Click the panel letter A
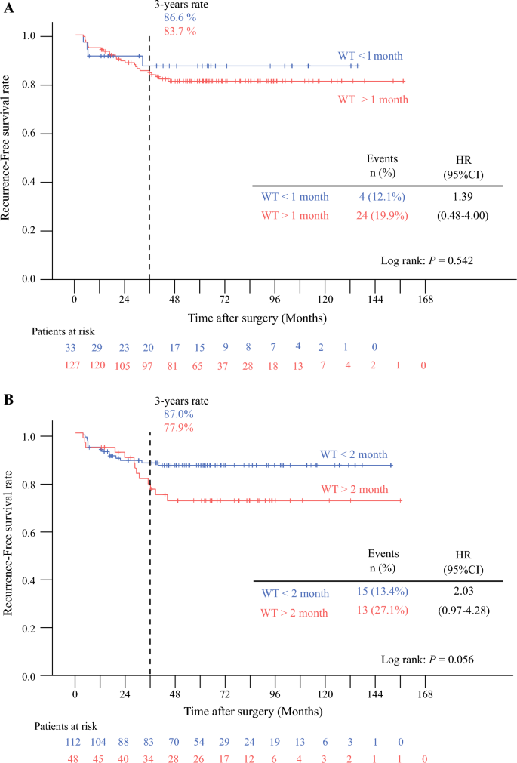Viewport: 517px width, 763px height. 8,8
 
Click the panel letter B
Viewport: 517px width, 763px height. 8,399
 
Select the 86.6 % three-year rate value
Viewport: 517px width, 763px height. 180,17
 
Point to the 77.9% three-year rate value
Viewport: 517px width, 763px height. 179,428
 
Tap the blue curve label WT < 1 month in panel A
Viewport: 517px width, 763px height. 371,56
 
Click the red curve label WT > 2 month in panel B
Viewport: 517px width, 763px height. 355,489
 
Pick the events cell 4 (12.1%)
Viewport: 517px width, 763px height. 382,196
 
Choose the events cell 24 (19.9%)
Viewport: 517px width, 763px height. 382,215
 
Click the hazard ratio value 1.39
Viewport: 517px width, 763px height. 463,196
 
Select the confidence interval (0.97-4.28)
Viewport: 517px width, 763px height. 463,611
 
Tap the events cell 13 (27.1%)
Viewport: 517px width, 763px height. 383,611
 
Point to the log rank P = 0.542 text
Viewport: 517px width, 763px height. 427,261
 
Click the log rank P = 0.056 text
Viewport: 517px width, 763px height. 427,660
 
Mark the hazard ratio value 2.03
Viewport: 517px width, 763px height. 463,591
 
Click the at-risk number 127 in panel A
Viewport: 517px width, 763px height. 72,365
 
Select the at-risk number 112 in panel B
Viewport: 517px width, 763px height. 73,742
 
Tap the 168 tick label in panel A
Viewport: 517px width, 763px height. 425,300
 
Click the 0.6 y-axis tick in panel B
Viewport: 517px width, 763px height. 29,532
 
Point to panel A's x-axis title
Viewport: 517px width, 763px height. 257,318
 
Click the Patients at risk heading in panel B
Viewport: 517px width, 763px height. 65,727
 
